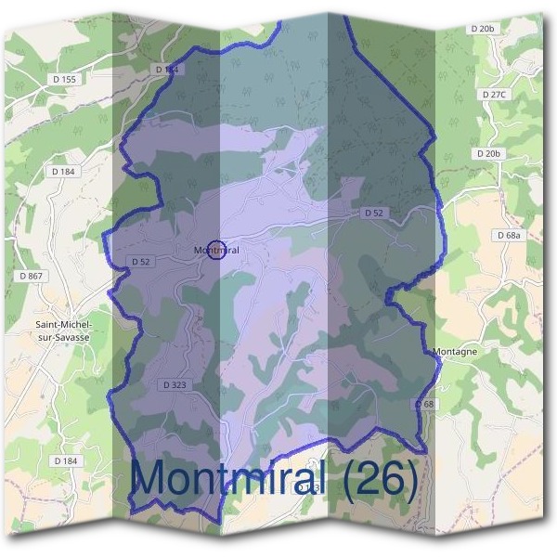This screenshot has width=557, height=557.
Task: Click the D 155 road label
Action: click(68, 80)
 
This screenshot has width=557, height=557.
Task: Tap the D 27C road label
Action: click(494, 95)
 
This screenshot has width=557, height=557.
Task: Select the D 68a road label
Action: click(509, 236)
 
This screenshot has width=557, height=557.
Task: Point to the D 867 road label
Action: click(30, 276)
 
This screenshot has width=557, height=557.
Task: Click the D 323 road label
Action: click(175, 384)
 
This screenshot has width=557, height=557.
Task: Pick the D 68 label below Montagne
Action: click(423, 405)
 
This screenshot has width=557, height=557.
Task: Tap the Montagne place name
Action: click(455, 352)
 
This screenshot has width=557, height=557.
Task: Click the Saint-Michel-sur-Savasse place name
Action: click(63, 332)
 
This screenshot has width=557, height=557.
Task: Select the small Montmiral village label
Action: click(216, 251)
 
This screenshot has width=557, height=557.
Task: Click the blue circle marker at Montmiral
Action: click(215, 250)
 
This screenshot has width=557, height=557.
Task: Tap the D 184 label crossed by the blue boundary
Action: click(166, 70)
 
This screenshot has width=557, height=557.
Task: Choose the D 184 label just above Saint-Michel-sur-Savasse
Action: click(64, 172)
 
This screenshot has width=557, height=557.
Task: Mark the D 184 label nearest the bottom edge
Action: click(65, 460)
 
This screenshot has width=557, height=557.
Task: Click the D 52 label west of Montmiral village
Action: click(141, 262)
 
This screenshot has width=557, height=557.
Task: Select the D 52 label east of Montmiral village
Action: click(373, 213)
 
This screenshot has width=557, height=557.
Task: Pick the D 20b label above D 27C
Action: click(483, 29)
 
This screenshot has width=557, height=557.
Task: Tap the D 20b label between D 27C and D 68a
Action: click(487, 153)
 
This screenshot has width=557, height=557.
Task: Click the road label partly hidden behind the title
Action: click(310, 486)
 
